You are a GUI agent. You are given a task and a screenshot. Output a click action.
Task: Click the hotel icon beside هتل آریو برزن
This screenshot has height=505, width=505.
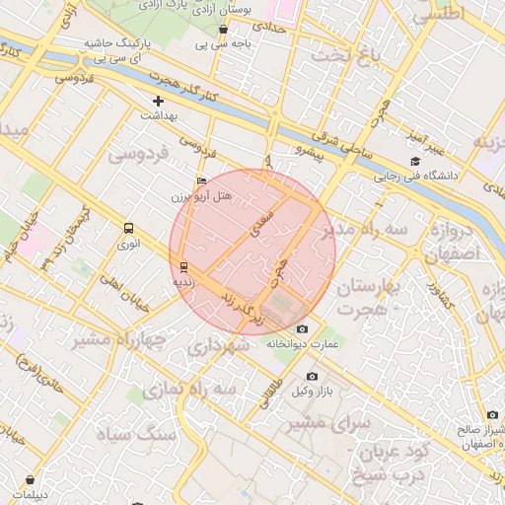tap(202, 181)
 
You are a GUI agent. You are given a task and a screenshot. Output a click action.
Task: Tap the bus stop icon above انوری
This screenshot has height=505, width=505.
tap(127, 227)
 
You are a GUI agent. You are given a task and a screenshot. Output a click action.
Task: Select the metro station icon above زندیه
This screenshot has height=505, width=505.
tap(184, 266)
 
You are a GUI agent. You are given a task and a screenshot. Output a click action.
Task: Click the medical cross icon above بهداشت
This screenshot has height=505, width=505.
tap(158, 101)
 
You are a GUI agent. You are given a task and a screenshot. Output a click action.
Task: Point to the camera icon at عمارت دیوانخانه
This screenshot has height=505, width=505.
tap(302, 328)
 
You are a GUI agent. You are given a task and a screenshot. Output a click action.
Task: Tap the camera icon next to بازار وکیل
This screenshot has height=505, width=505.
tap(313, 377)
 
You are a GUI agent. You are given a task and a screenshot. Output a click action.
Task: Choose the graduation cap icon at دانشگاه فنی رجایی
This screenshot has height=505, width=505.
tap(414, 162)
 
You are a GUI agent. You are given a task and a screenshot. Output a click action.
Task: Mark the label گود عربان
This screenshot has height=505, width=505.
tap(372, 454)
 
